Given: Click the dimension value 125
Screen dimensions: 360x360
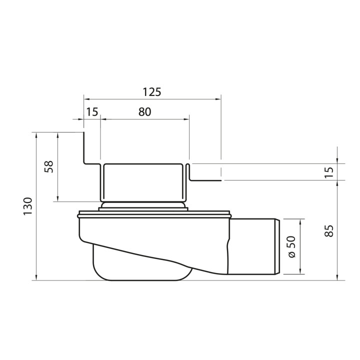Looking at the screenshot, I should coord(152,92).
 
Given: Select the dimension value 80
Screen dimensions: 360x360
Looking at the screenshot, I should coord(144,112).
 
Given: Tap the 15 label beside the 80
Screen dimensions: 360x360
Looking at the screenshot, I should coord(91,112).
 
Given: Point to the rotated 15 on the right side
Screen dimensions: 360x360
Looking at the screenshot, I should coord(328,171).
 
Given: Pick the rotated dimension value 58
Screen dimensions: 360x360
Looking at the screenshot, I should coord(49,166).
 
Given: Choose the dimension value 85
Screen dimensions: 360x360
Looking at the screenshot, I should coord(328,230).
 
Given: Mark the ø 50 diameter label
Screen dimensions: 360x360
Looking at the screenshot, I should coord(292,246).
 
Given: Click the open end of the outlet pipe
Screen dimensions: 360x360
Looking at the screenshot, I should coord(276,246).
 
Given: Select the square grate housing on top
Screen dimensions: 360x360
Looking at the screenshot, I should coord(143,182).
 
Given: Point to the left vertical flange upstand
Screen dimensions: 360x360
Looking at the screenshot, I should coord(83,147).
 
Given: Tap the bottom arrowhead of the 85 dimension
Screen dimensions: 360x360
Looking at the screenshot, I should coord(338,277).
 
